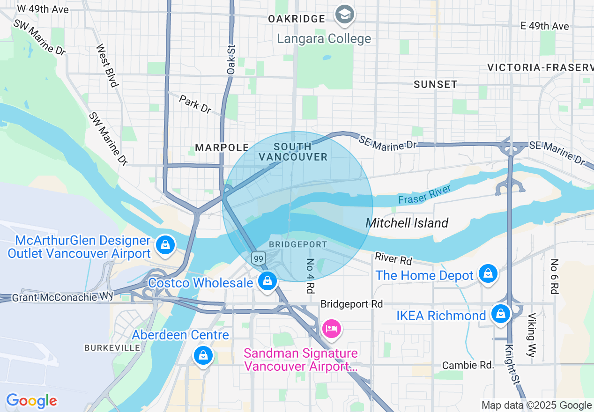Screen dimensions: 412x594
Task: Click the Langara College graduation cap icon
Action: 345,15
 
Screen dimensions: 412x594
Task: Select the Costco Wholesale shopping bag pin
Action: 267,281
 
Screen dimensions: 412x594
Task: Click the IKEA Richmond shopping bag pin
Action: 501,313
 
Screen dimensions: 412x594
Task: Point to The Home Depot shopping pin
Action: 488,273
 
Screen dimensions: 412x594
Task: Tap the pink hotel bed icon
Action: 332,328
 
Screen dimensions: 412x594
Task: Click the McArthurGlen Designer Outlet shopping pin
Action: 165,244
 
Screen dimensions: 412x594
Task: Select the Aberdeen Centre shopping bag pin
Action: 203,356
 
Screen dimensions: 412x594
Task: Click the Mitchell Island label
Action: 407,223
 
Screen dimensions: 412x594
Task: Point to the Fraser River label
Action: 424,194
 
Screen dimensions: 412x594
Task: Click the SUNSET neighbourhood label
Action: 435,84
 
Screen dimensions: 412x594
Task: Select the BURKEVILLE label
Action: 112,348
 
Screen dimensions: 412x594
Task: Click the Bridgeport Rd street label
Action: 351,304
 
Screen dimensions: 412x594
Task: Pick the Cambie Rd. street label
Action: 468,365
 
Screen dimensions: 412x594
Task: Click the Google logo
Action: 31,401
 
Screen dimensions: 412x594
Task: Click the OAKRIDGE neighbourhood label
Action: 297,19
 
